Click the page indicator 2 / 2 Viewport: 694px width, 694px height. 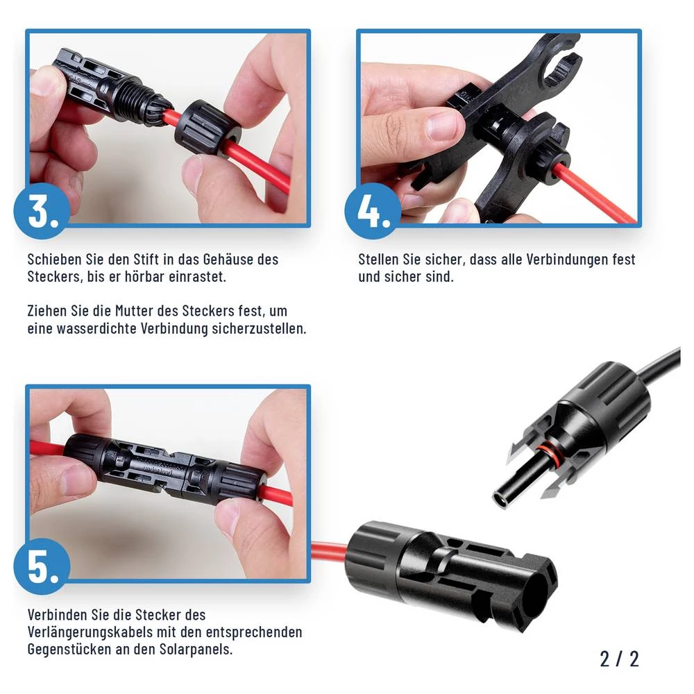tap(619, 658)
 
